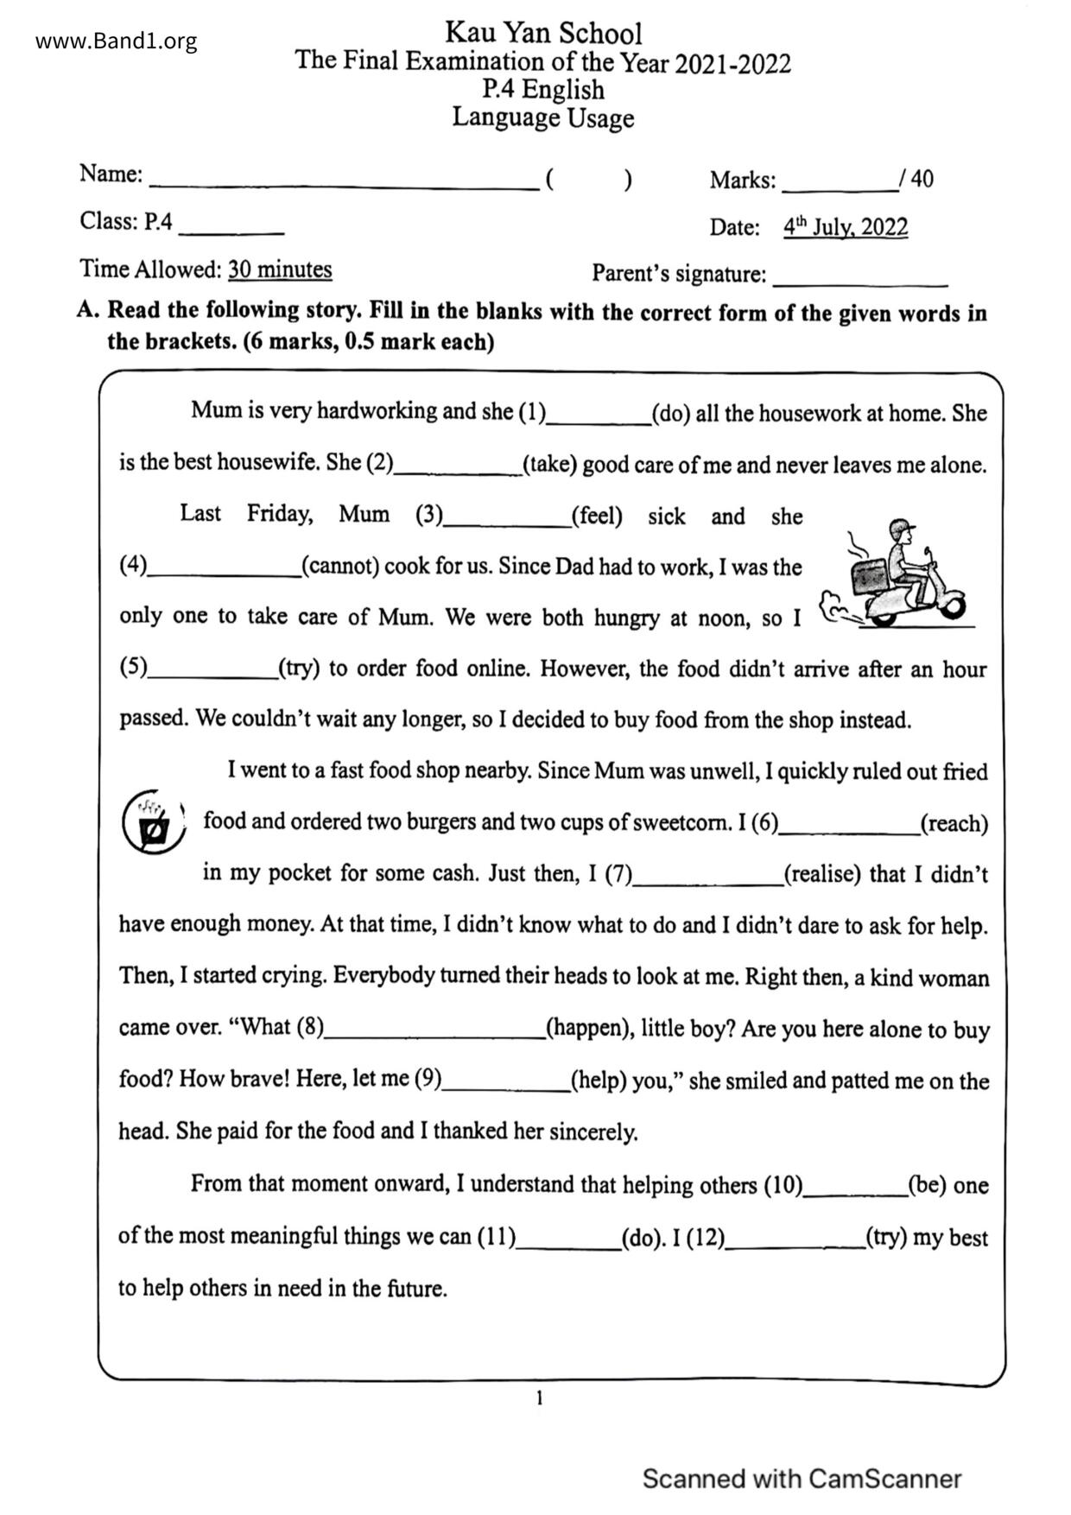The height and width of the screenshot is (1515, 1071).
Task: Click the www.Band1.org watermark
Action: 116,41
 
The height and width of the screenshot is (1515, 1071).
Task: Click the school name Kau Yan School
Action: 543,33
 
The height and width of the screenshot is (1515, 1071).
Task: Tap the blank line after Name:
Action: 343,183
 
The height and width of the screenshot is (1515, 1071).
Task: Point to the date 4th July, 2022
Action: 845,227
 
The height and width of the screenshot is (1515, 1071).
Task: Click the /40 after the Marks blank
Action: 916,179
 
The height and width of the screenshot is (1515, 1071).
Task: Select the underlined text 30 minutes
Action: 280,269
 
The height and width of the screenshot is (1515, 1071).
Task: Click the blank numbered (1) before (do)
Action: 599,418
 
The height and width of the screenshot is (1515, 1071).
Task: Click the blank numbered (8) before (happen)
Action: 434,1032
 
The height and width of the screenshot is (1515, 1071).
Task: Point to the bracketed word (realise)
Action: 822,874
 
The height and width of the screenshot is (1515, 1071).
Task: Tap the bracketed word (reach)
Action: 954,823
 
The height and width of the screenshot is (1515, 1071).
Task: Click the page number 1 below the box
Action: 540,1398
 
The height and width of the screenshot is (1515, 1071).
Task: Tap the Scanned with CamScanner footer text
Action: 802,1478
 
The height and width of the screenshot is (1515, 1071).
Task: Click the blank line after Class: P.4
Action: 231,230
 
